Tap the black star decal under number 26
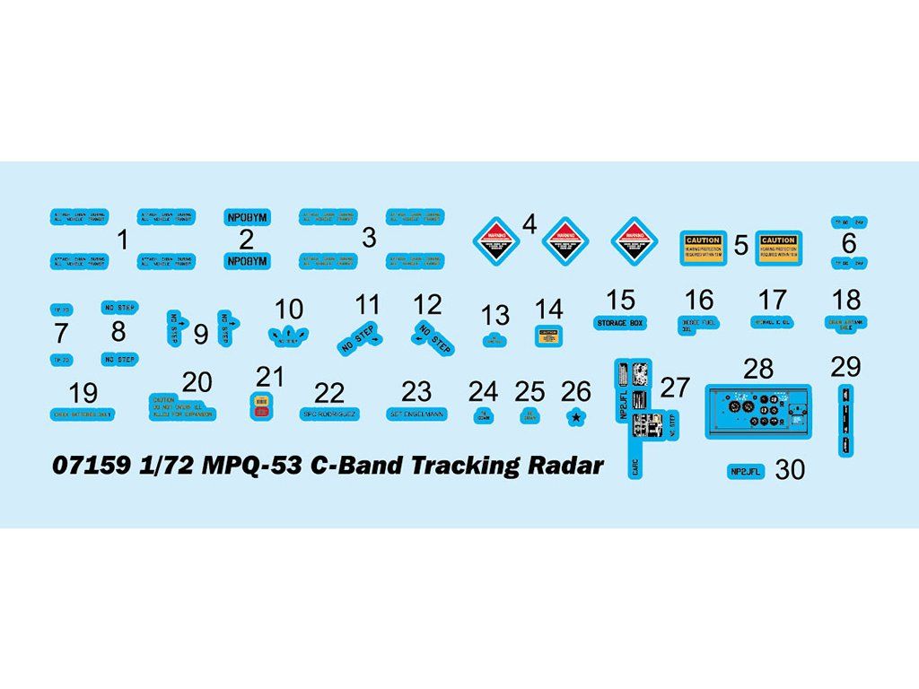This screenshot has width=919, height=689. [x=575, y=416]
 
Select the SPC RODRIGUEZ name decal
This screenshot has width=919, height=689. [x=329, y=414]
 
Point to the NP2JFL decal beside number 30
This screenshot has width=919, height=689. [x=744, y=470]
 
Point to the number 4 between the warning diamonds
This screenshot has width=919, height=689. [x=530, y=223]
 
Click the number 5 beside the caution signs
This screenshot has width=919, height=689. [x=741, y=245]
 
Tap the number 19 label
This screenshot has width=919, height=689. [x=83, y=393]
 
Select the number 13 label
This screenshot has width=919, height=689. [x=495, y=315]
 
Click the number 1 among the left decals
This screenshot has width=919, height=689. [x=123, y=240]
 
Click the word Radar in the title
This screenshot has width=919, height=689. [x=564, y=467]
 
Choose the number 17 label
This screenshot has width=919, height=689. [x=772, y=300]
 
